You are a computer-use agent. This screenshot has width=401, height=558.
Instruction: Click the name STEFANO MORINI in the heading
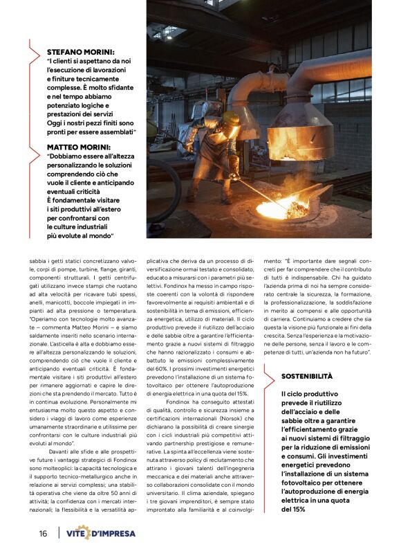coord(80,52)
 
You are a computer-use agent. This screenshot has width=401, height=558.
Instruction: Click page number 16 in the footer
coord(43,533)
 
